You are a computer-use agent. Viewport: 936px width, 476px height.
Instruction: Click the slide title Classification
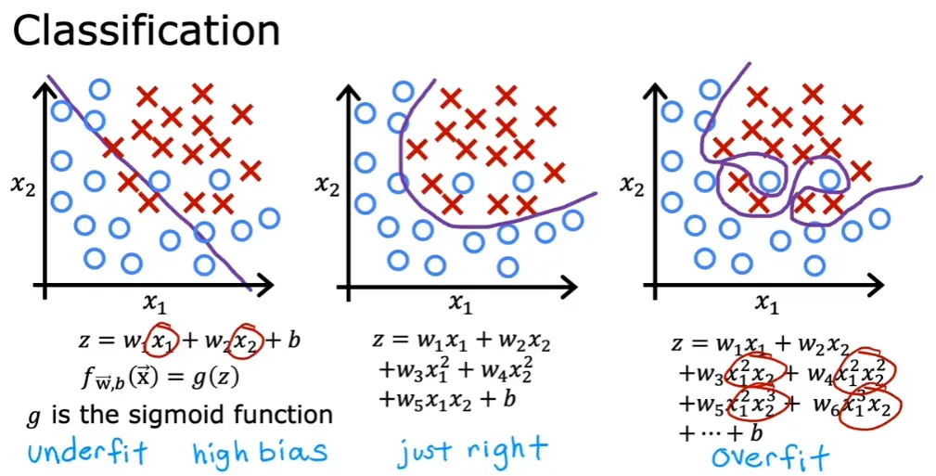coord(147,31)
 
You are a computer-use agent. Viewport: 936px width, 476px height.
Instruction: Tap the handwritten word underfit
coord(87,452)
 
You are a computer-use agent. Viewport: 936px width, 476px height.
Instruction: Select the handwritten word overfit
coord(770,457)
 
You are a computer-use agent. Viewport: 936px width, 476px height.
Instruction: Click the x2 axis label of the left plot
coord(23,187)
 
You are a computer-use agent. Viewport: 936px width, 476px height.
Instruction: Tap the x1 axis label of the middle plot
coord(460,304)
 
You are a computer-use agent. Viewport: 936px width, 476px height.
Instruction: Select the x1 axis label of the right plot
coord(767,304)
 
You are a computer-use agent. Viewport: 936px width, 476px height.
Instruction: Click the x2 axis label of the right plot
coord(632,186)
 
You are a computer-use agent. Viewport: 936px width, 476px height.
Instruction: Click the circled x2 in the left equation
coord(246,341)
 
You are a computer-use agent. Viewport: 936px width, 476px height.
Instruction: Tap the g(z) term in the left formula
coord(219,377)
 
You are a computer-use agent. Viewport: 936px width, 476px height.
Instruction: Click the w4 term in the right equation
coord(822,375)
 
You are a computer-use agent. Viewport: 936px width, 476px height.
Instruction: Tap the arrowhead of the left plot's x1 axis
coord(263,286)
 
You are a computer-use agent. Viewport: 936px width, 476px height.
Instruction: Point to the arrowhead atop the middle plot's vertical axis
coord(349,96)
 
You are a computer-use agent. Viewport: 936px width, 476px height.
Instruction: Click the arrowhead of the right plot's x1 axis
coord(873,286)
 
